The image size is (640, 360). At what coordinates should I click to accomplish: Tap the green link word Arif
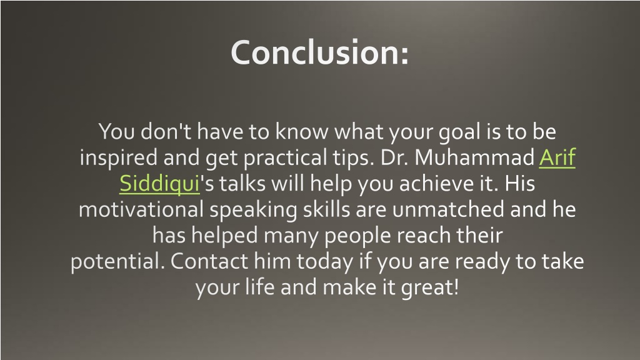point(556,158)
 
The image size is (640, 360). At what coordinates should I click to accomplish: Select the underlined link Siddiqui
point(159,184)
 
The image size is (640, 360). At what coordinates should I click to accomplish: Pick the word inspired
point(119,159)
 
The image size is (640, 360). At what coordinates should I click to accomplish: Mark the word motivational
point(142,210)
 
